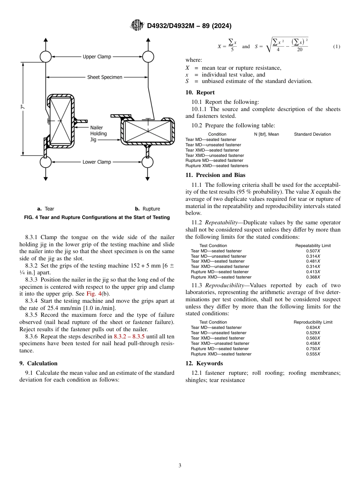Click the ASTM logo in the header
pyautogui.click(x=137, y=25)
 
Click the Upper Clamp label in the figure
pyautogui.click(x=97, y=57)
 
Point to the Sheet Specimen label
pyautogui.click(x=105, y=77)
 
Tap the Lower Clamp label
pyautogui.click(x=97, y=162)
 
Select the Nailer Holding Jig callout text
pyautogui.click(x=99, y=133)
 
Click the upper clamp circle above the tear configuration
pyautogui.click(x=45, y=57)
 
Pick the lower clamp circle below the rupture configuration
pyautogui.click(x=147, y=162)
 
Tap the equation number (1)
pyautogui.click(x=337, y=47)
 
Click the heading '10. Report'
pyautogui.click(x=200, y=92)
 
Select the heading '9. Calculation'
pyautogui.click(x=38, y=363)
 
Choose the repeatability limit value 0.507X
pyautogui.click(x=313, y=251)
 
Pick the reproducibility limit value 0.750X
pyautogui.click(x=313, y=349)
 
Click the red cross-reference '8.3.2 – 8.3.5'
pyautogui.click(x=130, y=336)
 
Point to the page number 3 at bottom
pyautogui.click(x=180, y=466)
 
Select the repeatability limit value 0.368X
pyautogui.click(x=313, y=277)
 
